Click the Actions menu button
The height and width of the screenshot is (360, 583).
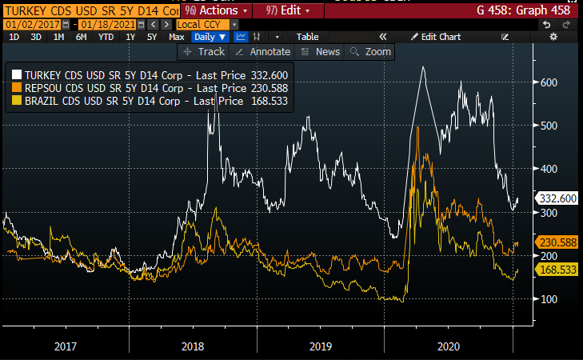(x=214, y=11)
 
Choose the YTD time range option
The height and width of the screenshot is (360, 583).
(x=104, y=37)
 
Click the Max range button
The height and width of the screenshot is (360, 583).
(x=177, y=37)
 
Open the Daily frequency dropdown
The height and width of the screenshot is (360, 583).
(x=210, y=37)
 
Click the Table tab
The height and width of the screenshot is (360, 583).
(x=307, y=37)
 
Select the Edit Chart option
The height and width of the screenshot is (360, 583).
(x=435, y=37)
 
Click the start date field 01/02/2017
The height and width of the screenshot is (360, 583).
(x=27, y=25)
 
